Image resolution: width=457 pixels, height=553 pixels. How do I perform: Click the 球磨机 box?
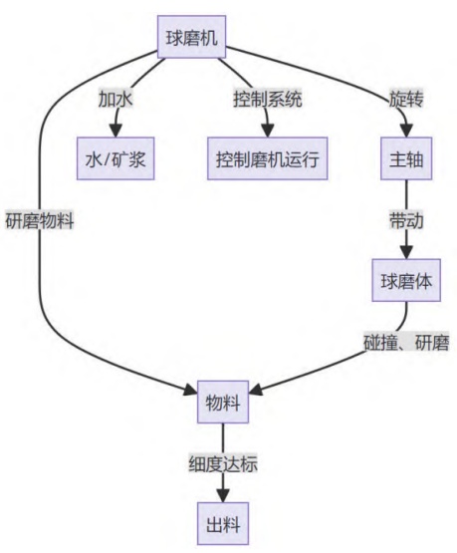coord(191,37)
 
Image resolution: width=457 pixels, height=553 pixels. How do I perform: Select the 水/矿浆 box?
coord(115,158)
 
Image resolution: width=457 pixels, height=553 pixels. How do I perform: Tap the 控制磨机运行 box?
coord(268,158)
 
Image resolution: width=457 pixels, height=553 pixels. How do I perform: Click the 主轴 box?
coord(406,158)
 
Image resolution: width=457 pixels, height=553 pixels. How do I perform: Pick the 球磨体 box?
coord(406,280)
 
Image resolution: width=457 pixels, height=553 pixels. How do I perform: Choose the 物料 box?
coord(223,403)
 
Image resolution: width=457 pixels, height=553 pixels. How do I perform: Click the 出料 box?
coord(223,524)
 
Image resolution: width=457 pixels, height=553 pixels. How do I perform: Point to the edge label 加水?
coord(115,99)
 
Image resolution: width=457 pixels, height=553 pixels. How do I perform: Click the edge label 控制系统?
coord(268,99)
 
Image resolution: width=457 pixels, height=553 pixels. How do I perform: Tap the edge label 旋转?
coord(406,99)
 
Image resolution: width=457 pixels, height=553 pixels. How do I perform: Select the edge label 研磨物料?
coord(40,221)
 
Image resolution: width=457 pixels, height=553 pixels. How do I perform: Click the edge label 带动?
coord(406,221)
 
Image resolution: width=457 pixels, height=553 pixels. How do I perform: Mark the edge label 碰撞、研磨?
coord(406,343)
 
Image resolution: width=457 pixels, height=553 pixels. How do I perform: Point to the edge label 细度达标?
coord(223,464)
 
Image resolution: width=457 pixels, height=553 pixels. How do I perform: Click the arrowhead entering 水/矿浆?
coord(115,131)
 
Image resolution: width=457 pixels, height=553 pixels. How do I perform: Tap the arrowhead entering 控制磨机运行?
coord(268,131)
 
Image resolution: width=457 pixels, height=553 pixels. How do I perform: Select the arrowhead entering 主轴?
coord(406,131)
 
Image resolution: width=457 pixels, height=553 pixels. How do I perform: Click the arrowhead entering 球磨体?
coord(406,252)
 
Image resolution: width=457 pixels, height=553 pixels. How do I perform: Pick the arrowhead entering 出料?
coord(223,496)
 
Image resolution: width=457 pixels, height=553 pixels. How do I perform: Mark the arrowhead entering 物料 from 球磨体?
coord(256,390)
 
